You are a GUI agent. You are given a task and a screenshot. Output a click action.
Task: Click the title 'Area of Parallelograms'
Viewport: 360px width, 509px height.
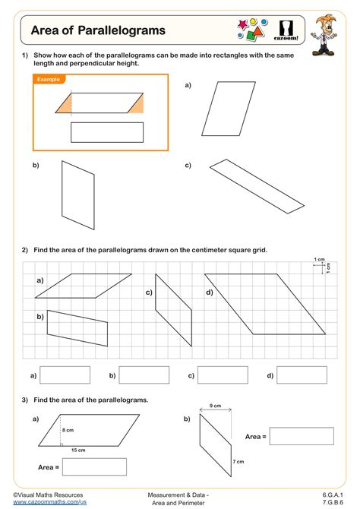click(x=98, y=31)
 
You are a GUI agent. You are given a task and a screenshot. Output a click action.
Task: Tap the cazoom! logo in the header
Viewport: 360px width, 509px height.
click(x=289, y=30)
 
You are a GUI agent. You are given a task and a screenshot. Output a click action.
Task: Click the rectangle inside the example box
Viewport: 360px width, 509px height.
click(x=106, y=132)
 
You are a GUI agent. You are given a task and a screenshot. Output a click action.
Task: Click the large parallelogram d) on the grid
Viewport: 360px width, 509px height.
click(x=264, y=303)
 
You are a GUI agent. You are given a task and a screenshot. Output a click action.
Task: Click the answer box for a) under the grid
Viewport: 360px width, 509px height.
click(x=65, y=375)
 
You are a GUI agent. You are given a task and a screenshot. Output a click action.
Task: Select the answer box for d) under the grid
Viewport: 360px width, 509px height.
click(x=302, y=375)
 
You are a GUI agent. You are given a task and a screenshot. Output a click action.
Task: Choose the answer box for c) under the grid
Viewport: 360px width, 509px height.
click(x=223, y=375)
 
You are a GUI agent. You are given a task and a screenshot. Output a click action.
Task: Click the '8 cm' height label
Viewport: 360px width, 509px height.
click(x=68, y=430)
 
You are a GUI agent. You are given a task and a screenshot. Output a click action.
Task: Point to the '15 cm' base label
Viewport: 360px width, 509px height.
click(x=79, y=451)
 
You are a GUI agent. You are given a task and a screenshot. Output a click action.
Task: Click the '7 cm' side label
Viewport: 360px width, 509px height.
click(x=238, y=462)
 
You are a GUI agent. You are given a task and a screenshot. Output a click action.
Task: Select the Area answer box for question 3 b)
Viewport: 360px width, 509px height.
click(x=302, y=437)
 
